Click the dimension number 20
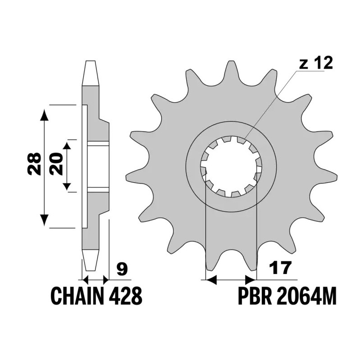tap(56, 164)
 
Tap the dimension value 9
tap(121, 269)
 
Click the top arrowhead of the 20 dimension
tap(67, 144)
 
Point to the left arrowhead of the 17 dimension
tap(211, 280)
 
